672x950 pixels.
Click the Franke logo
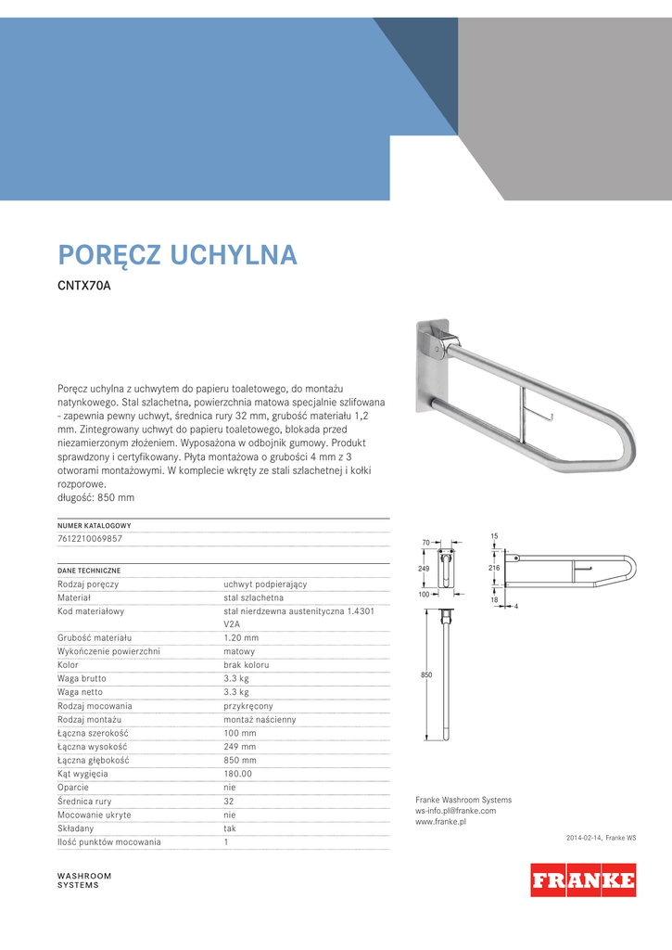pos(583,879)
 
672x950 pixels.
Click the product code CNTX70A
pos(84,286)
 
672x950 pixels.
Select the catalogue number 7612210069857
pos(90,538)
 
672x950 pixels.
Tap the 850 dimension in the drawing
pos(426,674)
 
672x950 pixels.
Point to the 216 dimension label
pos(494,566)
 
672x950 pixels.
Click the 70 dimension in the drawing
pos(426,543)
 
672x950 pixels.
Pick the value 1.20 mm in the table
pos(241,638)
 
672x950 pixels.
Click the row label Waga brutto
pos(81,678)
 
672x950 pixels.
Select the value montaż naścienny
pos(260,719)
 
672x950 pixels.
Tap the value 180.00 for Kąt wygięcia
pos(237,774)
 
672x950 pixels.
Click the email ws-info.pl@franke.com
pos(455,811)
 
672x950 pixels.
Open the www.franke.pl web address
pos(440,822)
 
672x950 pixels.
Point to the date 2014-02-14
pos(584,838)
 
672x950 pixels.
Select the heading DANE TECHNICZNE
pos(89,570)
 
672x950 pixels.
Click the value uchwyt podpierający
pos(265,584)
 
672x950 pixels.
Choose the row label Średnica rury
pos(84,801)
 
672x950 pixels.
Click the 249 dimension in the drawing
pos(424,568)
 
